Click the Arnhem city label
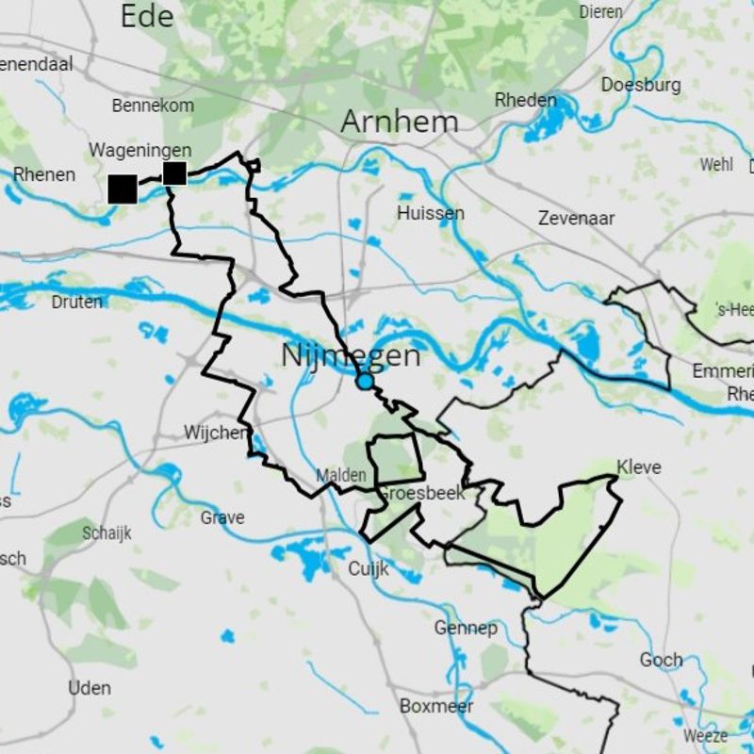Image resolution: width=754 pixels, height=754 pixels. point(400,122)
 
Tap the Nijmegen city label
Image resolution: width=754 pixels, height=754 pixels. point(351,355)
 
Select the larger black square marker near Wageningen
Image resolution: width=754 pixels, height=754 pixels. point(123,188)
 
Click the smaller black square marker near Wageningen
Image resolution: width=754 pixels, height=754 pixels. point(174,173)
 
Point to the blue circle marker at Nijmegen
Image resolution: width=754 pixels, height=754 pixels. point(365,382)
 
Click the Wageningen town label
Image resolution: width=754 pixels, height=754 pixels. point(140,151)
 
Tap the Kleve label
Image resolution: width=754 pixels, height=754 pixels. point(639,467)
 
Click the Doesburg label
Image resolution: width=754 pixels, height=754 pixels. point(641,85)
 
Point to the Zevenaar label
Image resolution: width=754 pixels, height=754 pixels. point(576,218)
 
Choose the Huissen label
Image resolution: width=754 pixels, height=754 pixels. point(430,213)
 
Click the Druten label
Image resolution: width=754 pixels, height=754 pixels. point(77,302)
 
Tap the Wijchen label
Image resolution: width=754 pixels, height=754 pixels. point(217,433)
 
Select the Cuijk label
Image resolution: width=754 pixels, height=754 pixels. point(369,568)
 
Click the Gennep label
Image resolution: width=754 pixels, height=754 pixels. point(466,628)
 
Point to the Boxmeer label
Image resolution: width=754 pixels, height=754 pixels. point(436,706)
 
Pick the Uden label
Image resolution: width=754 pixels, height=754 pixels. point(89,688)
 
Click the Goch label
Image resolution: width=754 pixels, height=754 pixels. point(661,660)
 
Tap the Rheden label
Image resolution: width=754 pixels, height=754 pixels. point(526,100)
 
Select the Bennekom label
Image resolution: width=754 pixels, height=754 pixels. point(153,106)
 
